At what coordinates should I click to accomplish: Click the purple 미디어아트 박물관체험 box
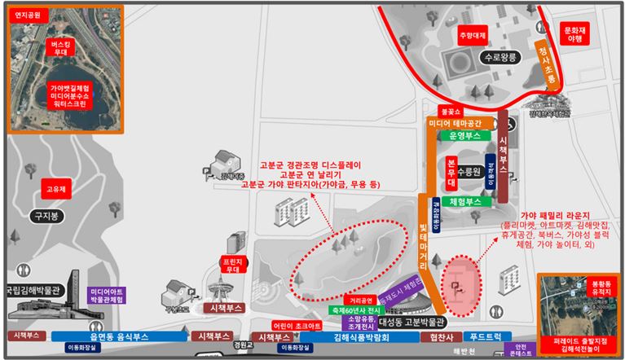107,296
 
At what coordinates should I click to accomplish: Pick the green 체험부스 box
465,201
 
